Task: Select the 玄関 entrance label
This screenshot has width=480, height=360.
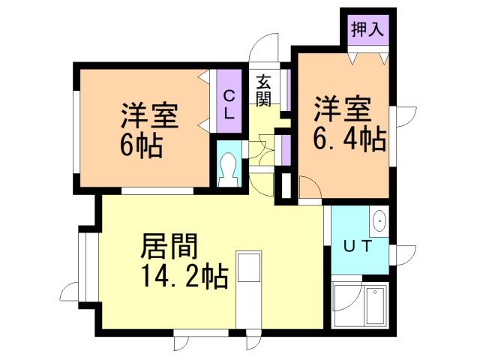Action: tap(263, 90)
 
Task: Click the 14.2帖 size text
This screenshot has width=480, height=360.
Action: tap(181, 278)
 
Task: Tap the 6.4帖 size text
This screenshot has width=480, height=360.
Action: tap(349, 139)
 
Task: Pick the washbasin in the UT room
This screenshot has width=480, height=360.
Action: tap(379, 222)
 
